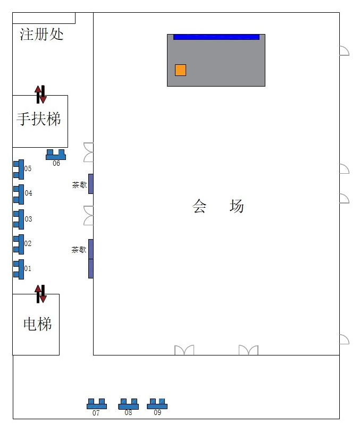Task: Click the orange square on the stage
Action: pos(180,70)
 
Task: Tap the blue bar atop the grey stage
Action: pos(216,37)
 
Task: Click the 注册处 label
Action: pos(41,35)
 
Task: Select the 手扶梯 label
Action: pos(39,119)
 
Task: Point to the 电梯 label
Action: pos(37,324)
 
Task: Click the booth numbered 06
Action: pos(56,155)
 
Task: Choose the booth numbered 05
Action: pos(19,170)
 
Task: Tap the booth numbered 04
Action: pos(19,194)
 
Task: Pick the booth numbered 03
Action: pos(19,219)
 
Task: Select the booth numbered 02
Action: pos(19,244)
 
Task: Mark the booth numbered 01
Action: pos(19,269)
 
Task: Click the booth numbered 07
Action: pos(97,404)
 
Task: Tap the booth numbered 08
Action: pos(129,404)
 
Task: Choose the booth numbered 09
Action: pos(157,404)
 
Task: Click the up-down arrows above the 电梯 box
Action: pos(40,294)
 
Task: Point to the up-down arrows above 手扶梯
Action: pos(40,95)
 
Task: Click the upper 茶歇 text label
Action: pos(79,185)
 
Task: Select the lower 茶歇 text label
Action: pos(79,250)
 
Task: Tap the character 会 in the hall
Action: pos(199,206)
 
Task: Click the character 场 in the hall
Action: pos(237,206)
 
